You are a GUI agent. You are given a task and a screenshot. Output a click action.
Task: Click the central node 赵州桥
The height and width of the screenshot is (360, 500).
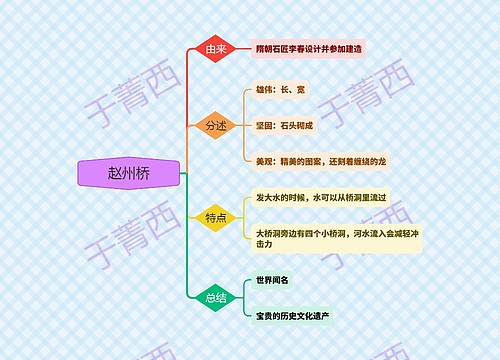click(x=130, y=172)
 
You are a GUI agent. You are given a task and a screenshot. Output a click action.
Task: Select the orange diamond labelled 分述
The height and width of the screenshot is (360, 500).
click(x=216, y=125)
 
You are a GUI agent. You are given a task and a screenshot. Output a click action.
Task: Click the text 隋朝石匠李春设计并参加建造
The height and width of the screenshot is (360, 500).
click(x=311, y=48)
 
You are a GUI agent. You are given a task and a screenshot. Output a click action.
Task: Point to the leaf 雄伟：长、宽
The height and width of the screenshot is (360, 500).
click(x=283, y=91)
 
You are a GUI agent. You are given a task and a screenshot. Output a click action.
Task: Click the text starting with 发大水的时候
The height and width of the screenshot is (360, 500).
click(x=321, y=198)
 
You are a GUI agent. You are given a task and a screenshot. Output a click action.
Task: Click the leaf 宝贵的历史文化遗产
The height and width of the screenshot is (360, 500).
click(x=292, y=314)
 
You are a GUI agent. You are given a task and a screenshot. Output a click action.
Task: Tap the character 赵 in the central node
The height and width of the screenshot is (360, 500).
click(x=116, y=172)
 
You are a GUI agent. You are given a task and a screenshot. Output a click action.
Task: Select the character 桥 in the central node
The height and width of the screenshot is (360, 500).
click(x=145, y=172)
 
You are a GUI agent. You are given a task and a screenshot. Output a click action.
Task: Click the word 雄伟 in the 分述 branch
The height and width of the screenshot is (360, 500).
click(x=265, y=91)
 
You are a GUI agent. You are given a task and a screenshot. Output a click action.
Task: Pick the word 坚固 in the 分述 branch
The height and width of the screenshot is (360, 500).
click(x=265, y=125)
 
